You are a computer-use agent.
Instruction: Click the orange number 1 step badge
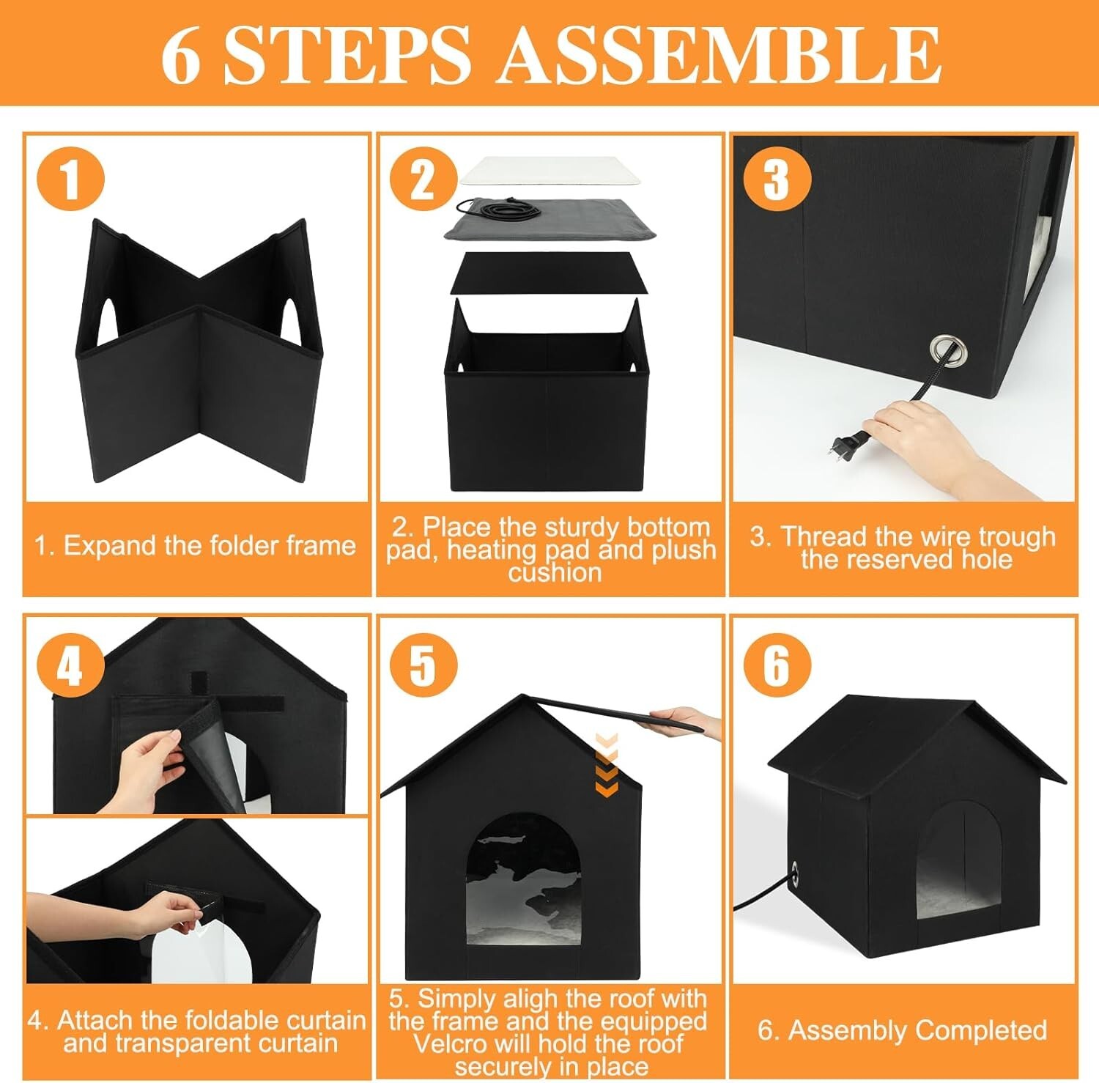70,178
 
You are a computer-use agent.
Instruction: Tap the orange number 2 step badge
423,178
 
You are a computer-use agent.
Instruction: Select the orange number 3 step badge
777,178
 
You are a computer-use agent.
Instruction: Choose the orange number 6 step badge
777,665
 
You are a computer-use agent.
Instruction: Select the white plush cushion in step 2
554,171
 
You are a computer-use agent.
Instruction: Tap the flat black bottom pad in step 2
549,274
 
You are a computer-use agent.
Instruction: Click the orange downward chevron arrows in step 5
607,765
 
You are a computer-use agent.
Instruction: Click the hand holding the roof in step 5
685,722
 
